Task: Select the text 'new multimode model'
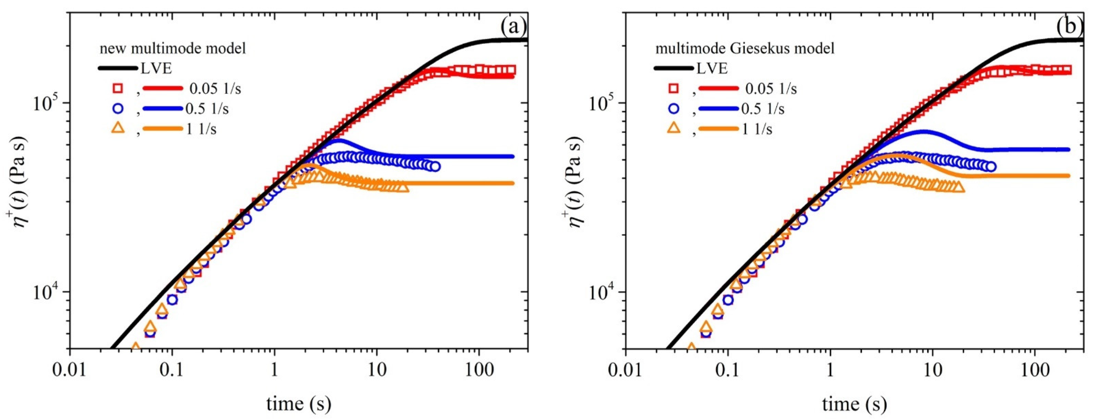click(x=173, y=49)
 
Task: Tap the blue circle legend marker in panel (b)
click(x=673, y=109)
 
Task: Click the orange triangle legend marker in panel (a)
click(x=117, y=128)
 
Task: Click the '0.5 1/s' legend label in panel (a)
click(x=207, y=109)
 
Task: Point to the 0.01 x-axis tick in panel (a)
click(x=70, y=371)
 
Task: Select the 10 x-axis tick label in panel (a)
click(x=377, y=371)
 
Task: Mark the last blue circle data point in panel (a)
click(x=435, y=167)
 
